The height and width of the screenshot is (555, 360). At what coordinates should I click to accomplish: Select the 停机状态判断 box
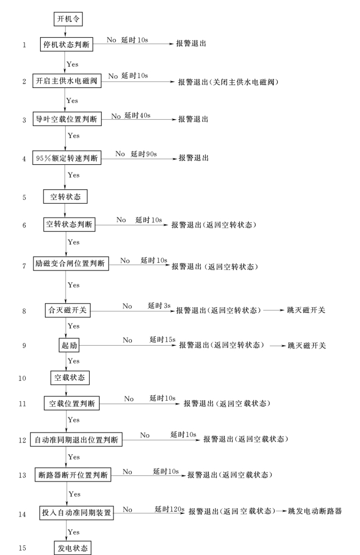pyautogui.click(x=66, y=45)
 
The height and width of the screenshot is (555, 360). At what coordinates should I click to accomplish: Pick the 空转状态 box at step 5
pyautogui.click(x=65, y=197)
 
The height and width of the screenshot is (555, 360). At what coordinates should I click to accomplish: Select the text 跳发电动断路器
pyautogui.click(x=315, y=512)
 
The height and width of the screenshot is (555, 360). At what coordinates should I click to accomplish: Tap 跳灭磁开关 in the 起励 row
pyautogui.click(x=307, y=346)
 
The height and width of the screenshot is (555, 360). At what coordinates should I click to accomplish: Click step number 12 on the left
pyautogui.click(x=22, y=440)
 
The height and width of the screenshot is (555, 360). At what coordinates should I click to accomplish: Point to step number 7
pyautogui.click(x=24, y=266)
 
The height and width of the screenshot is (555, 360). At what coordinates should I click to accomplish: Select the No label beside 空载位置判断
pyautogui.click(x=129, y=399)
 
